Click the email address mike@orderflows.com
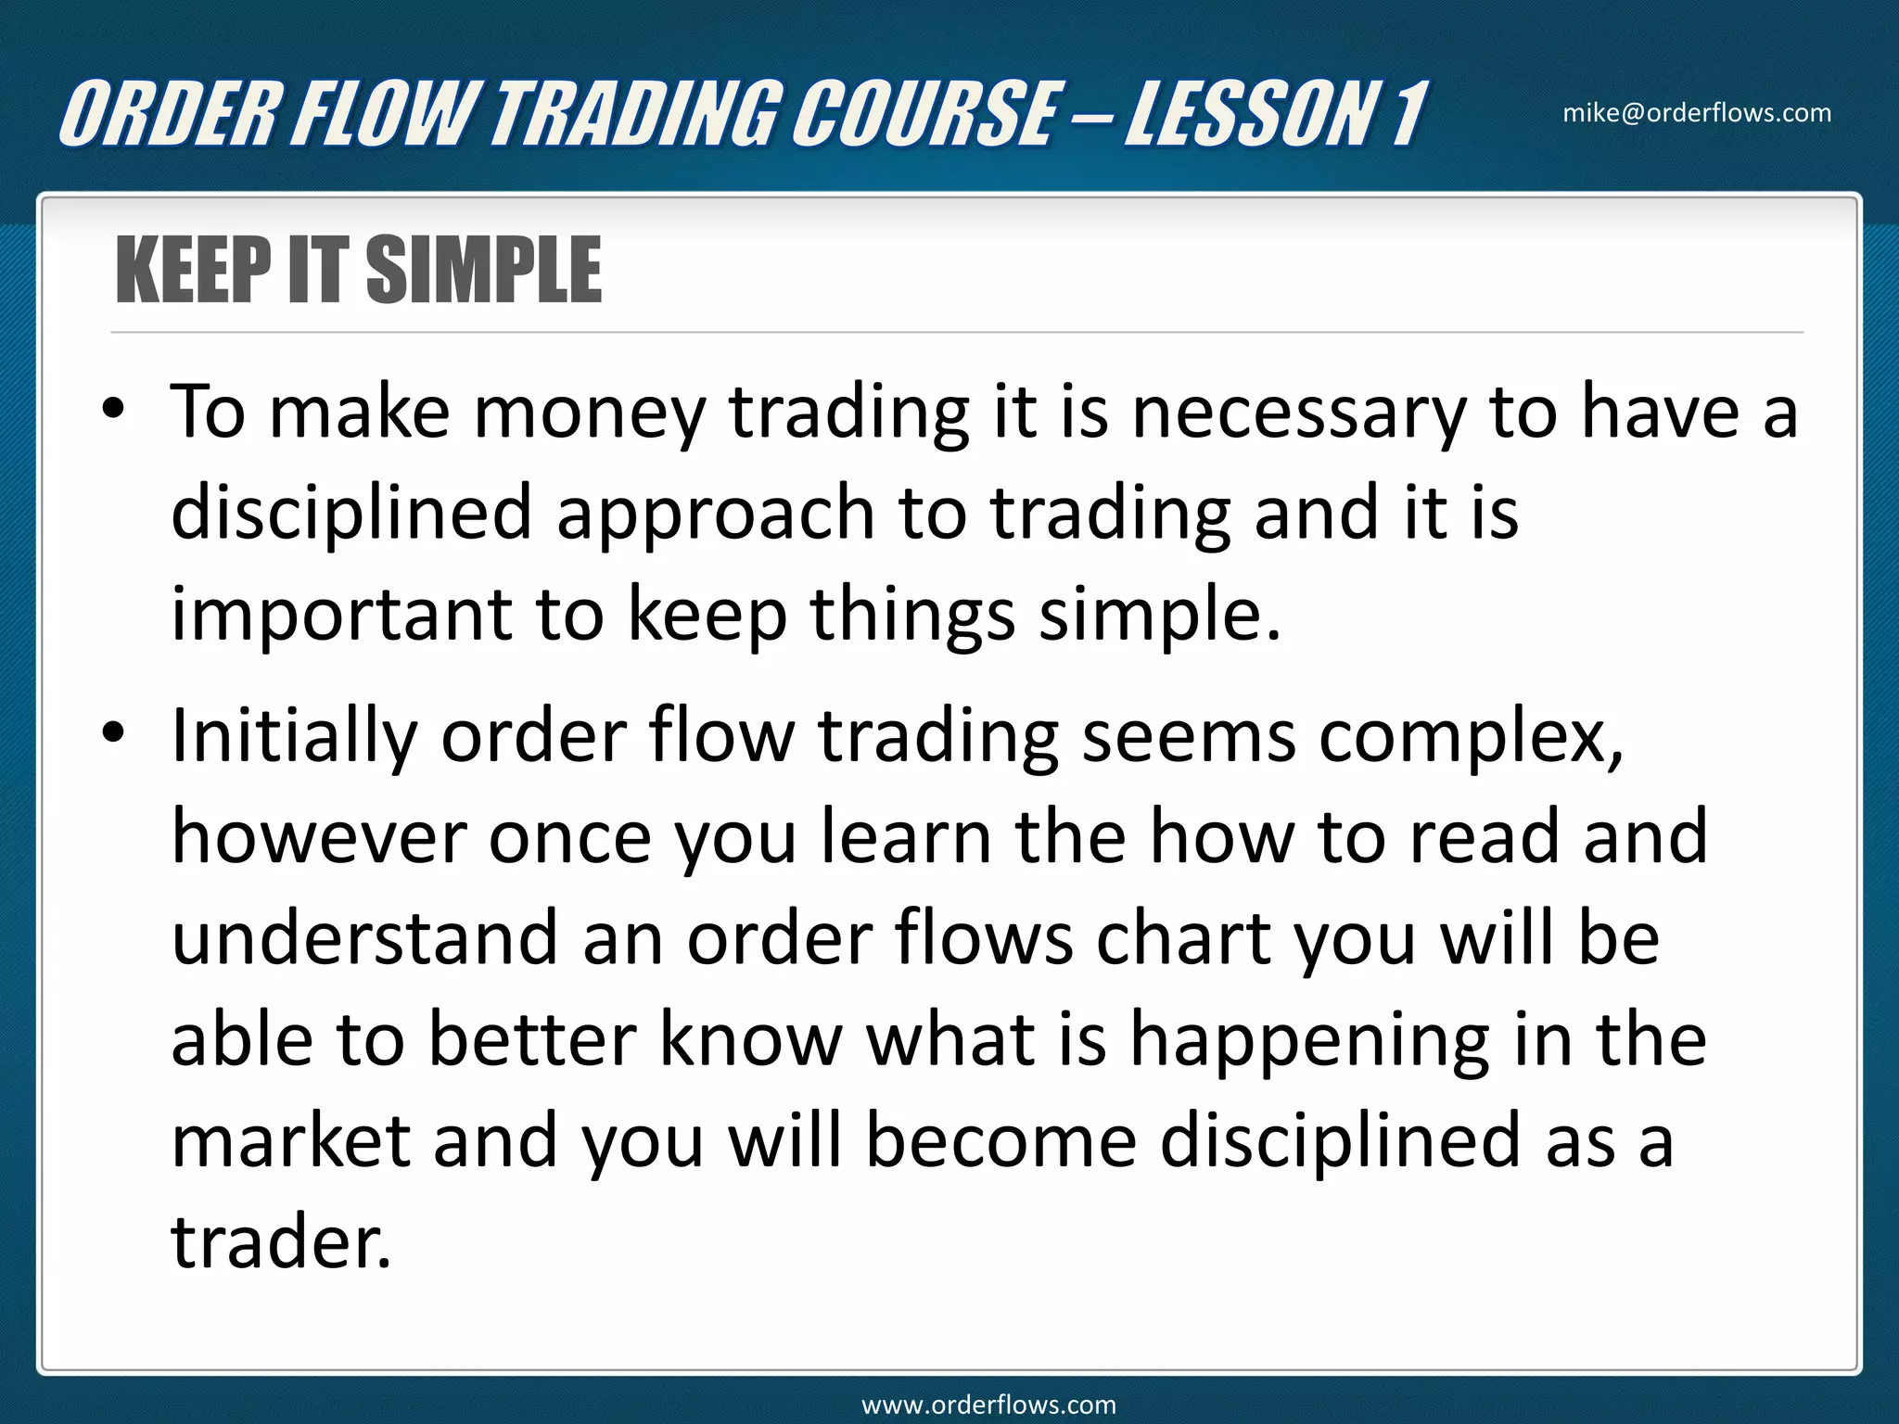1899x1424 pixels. click(x=1697, y=113)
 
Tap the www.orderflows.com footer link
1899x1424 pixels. click(x=988, y=1405)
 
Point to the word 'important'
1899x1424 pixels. click(x=341, y=616)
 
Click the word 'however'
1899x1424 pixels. click(x=318, y=836)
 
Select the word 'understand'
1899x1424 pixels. click(x=364, y=937)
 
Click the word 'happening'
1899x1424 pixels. click(x=1308, y=1040)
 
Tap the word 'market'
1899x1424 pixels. click(x=290, y=1140)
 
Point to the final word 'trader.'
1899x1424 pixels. click(x=281, y=1241)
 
